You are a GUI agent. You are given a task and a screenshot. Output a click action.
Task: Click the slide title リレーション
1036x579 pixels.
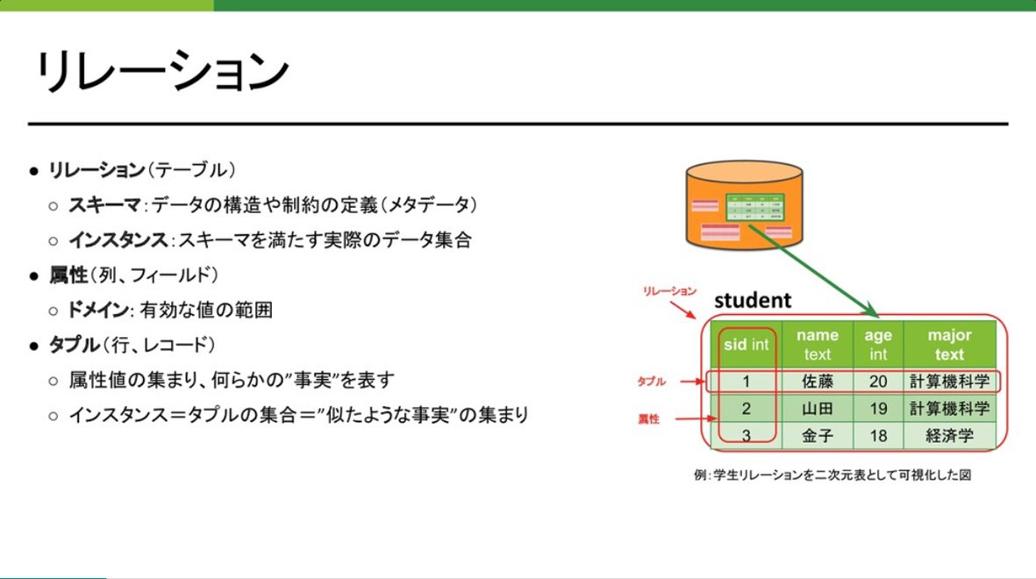[x=161, y=73]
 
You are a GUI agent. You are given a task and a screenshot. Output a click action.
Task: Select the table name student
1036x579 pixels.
[x=753, y=301]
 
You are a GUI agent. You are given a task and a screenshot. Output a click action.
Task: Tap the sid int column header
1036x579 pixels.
[x=746, y=345]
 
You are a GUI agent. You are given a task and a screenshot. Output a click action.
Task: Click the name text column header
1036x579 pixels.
[x=817, y=345]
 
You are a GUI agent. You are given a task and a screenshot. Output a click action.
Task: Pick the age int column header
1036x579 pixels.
[x=878, y=345]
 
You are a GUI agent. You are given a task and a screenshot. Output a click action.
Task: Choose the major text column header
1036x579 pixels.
[x=949, y=345]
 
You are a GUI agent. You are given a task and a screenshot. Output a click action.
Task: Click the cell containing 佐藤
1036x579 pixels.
[x=817, y=382]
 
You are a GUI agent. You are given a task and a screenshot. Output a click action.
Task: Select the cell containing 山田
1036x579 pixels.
[x=817, y=409]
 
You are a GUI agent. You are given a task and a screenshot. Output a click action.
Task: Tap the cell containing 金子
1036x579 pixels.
[x=817, y=436]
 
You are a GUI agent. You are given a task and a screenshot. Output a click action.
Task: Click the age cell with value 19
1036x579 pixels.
[x=878, y=409]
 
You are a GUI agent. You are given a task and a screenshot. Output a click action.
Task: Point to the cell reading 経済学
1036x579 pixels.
[x=949, y=436]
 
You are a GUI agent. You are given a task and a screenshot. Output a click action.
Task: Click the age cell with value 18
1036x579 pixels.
[x=878, y=436]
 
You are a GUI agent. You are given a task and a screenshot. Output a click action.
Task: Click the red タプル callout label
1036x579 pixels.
[x=651, y=382]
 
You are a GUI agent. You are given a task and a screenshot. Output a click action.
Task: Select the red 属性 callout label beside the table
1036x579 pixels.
[x=649, y=420]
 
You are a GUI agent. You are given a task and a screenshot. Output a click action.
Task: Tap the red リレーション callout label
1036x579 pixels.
[x=668, y=290]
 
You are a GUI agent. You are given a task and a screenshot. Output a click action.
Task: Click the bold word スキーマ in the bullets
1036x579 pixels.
[x=104, y=204]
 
